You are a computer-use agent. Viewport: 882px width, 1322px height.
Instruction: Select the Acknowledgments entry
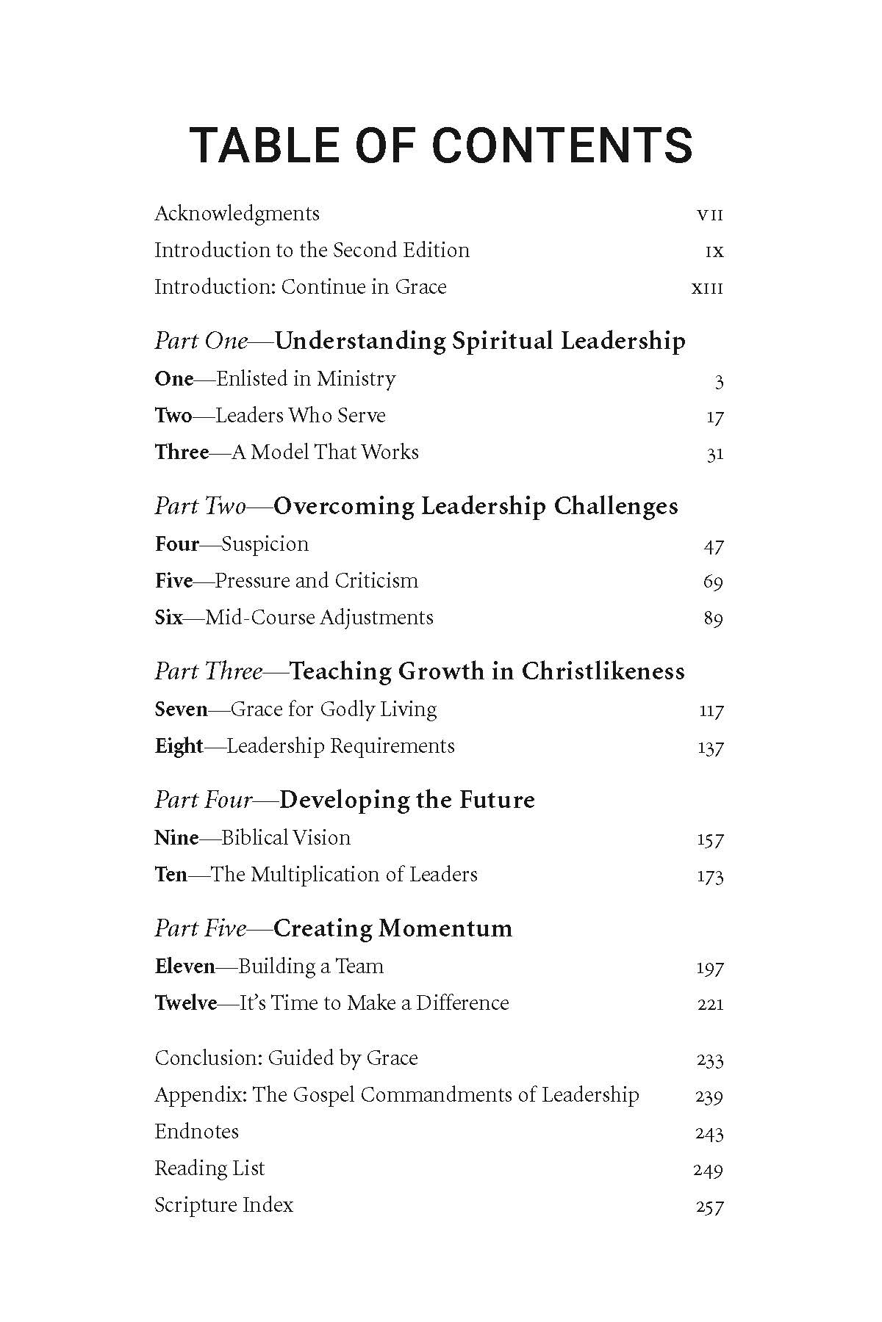[237, 214]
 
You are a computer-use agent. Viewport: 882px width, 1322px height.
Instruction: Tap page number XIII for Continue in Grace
[707, 288]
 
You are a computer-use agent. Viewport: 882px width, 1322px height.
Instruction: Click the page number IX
[714, 251]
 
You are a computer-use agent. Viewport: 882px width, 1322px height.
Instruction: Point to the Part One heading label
[201, 342]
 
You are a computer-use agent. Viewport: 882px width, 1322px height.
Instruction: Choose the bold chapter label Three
[182, 452]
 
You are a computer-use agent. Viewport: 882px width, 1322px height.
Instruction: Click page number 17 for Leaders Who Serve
[714, 417]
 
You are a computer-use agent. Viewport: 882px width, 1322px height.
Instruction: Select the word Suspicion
[265, 544]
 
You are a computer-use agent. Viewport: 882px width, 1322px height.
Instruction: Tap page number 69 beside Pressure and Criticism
[713, 582]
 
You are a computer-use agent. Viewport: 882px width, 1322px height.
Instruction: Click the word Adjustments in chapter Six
[376, 618]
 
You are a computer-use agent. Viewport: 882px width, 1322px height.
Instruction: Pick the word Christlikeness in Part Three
[603, 671]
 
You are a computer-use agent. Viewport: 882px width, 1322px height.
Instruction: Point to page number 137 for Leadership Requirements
[710, 748]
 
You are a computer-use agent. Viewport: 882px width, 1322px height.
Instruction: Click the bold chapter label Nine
[176, 838]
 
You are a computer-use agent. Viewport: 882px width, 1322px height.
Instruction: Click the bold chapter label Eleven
[184, 967]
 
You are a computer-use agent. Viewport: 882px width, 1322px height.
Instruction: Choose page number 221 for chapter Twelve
[710, 1004]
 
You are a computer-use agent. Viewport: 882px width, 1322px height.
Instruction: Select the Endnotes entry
[196, 1132]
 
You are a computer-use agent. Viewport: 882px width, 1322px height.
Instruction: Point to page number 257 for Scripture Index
[709, 1207]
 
